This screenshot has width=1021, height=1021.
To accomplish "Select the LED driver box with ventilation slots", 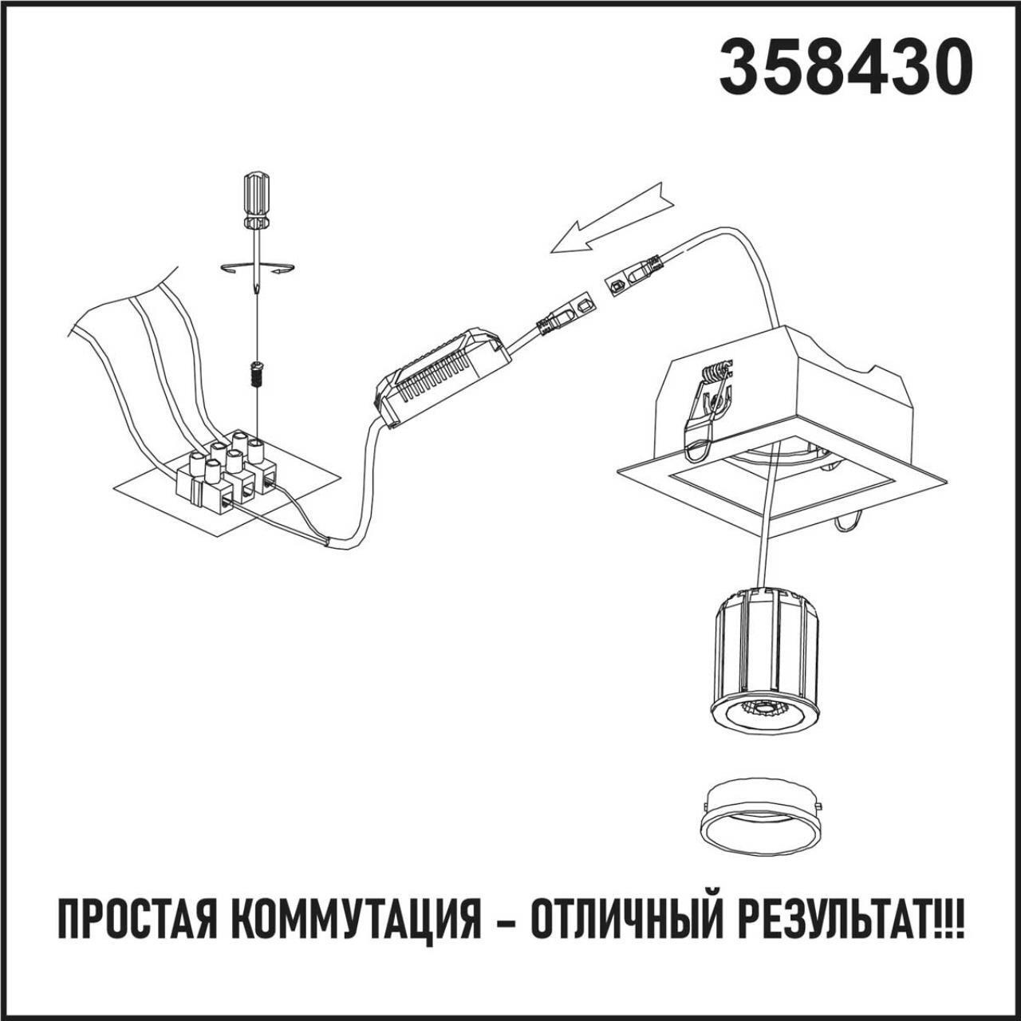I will coord(443,376).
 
